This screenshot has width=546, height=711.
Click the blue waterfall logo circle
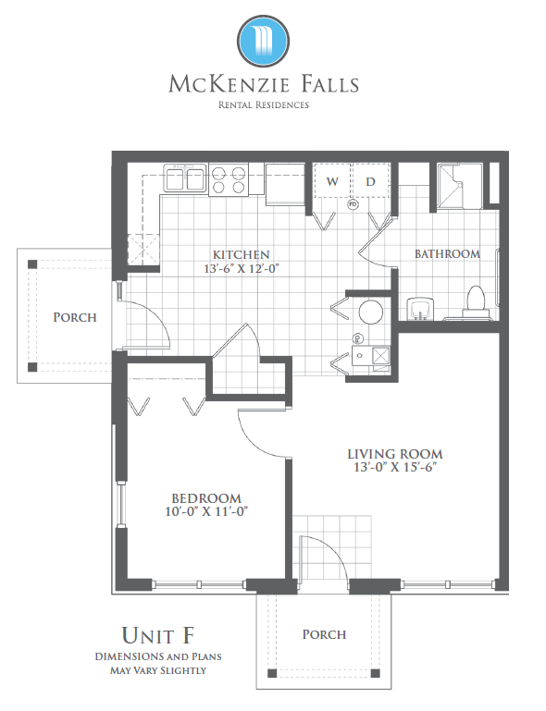(263, 42)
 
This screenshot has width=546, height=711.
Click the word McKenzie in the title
(230, 84)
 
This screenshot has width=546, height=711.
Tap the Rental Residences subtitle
(263, 104)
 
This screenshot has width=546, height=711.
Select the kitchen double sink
(185, 178)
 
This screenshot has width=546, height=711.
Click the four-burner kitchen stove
(229, 180)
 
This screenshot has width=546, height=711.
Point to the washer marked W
(332, 181)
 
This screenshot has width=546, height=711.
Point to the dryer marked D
(370, 181)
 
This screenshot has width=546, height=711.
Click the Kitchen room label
(242, 254)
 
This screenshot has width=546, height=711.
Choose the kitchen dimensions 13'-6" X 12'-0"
(241, 268)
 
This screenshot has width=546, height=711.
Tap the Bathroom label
(447, 254)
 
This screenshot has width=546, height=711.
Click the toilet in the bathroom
(476, 301)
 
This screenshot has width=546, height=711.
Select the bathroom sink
(420, 309)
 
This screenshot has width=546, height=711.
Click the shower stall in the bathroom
(459, 186)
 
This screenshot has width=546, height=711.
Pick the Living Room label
(395, 454)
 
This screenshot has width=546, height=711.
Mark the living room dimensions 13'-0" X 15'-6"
(395, 467)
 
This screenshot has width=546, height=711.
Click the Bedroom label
(206, 498)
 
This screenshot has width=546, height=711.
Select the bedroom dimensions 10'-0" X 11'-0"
(206, 511)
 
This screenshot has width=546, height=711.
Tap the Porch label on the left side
(75, 317)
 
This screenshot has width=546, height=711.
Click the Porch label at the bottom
(324, 634)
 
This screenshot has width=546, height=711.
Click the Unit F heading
(158, 635)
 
